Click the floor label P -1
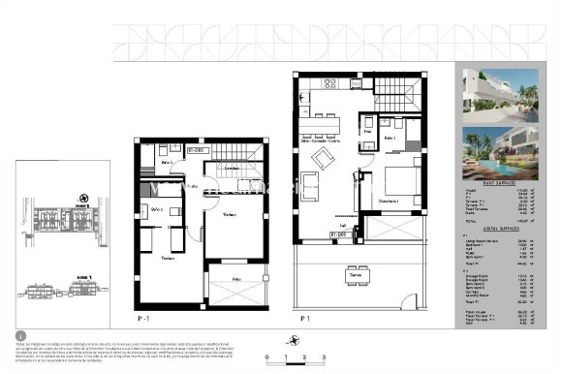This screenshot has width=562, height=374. (144, 317)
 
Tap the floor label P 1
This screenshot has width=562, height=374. (304, 317)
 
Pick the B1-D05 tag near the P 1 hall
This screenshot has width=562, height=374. (338, 234)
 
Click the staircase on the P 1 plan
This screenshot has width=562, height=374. (393, 95)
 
